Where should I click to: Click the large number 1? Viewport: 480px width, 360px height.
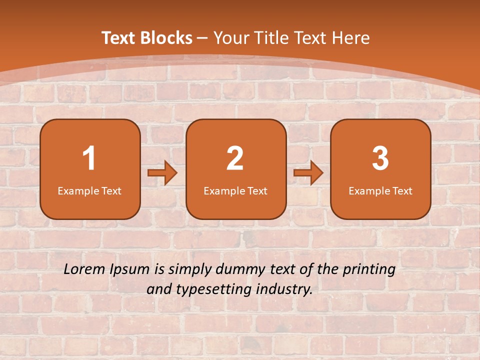(89, 158)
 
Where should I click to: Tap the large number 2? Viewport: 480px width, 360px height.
(235, 158)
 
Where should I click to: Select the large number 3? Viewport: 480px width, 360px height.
(380, 158)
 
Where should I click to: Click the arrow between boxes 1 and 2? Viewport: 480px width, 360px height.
(162, 173)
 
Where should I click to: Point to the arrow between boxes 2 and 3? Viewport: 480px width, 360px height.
(308, 173)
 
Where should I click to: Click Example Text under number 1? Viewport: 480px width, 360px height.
(89, 191)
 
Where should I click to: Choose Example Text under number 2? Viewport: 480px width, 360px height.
(235, 191)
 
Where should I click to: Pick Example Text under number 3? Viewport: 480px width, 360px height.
(380, 191)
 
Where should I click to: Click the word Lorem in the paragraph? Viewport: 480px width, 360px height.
(85, 269)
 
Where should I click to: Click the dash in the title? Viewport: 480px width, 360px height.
(202, 38)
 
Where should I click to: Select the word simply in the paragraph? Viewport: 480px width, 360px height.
(190, 270)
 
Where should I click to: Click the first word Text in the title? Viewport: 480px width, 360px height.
(119, 38)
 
